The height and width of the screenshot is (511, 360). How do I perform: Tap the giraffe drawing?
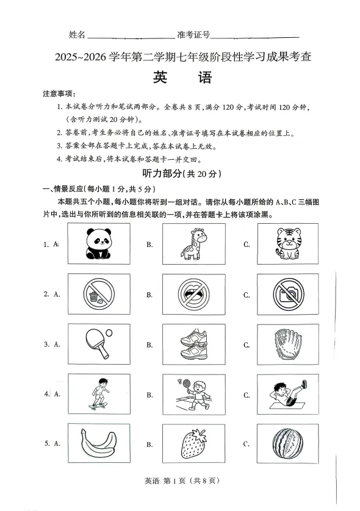(189, 243)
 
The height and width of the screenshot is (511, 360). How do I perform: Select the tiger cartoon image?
(283, 243)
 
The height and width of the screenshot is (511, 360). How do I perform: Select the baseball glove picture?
(283, 344)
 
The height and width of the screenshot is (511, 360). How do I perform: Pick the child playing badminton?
(189, 393)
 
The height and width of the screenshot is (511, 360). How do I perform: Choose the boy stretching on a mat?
(283, 394)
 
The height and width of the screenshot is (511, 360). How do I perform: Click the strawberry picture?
(189, 443)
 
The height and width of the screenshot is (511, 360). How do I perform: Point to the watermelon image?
(283, 443)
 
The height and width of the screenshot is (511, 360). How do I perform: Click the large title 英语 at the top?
(180, 79)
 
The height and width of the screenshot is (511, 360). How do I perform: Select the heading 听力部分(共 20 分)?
(180, 173)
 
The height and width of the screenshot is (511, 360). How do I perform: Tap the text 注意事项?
(59, 94)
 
